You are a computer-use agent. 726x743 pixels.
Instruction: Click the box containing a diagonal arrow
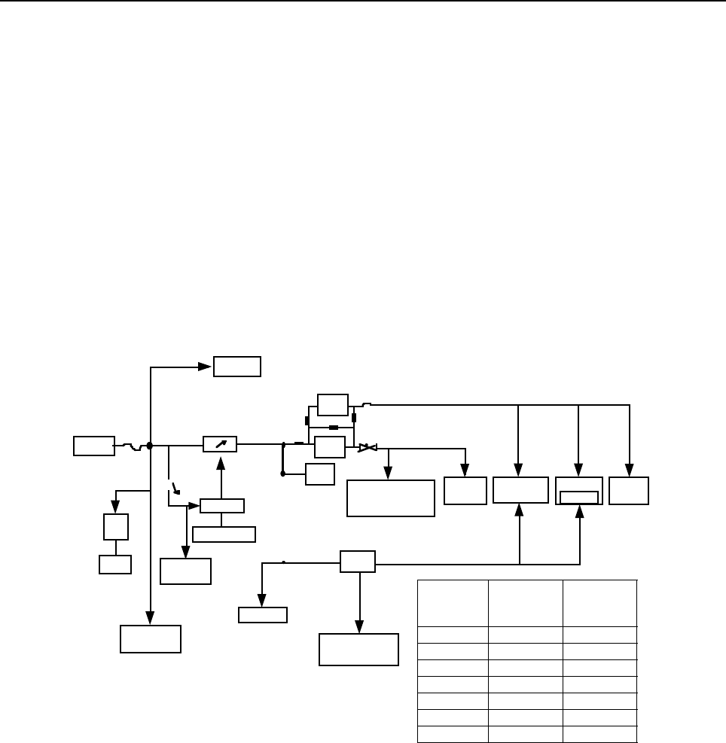[220, 445]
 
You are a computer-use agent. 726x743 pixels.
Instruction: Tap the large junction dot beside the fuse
[150, 446]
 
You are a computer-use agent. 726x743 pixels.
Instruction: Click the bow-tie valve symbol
[368, 448]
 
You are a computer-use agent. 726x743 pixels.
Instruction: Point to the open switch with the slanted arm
[175, 488]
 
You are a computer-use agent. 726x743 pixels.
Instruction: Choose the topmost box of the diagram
[237, 367]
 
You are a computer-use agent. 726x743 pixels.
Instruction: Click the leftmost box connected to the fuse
[94, 446]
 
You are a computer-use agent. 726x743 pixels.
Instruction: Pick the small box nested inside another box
[579, 498]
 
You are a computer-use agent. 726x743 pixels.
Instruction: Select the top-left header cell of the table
[453, 602]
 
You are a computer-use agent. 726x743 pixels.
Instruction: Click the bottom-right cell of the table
[599, 735]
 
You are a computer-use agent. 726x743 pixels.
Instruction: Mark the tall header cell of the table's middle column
[526, 602]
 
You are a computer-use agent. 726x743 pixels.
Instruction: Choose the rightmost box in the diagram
[629, 491]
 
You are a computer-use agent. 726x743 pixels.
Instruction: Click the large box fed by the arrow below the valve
[391, 498]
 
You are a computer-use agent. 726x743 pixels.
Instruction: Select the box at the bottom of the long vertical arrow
[151, 638]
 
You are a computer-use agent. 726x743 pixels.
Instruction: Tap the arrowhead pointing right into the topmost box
[208, 367]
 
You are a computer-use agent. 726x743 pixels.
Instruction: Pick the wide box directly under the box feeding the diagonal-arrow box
[224, 534]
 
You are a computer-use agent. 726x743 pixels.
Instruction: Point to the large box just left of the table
[358, 650]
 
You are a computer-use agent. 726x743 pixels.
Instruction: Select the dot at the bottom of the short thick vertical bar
[282, 474]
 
